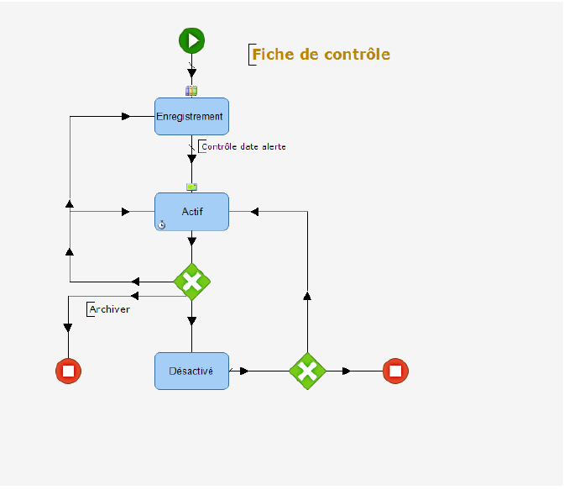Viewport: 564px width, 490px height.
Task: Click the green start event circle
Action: [x=191, y=40]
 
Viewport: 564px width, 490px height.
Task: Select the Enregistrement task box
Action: [x=191, y=116]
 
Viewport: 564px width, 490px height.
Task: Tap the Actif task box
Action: [x=191, y=211]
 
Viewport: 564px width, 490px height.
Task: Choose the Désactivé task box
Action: [x=191, y=371]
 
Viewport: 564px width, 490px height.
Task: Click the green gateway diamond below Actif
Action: [x=191, y=282]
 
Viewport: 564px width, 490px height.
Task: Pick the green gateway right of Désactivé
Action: [x=307, y=371]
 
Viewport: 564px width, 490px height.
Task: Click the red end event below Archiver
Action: [x=68, y=371]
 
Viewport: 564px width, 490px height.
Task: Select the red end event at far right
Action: [x=395, y=371]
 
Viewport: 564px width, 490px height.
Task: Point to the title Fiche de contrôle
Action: [x=321, y=55]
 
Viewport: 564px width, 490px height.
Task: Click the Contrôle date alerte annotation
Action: [x=243, y=147]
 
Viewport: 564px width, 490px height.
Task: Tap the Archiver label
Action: [x=109, y=309]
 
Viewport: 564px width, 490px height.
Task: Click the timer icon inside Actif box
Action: [x=162, y=224]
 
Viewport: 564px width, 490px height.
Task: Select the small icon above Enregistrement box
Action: [x=191, y=91]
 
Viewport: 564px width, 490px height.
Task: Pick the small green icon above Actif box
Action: [x=191, y=187]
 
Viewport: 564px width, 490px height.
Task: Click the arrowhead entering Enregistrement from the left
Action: [x=126, y=116]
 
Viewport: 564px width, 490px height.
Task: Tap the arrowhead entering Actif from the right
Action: [x=254, y=212]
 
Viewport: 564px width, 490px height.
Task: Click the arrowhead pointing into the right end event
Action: [x=346, y=371]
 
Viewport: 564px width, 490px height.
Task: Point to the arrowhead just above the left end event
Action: [x=68, y=328]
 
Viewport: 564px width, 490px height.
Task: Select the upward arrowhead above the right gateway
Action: [x=307, y=295]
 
